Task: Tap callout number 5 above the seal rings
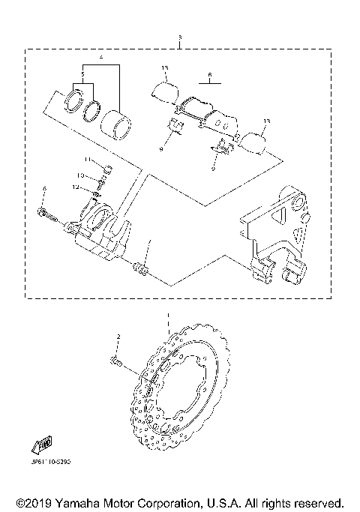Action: (83, 75)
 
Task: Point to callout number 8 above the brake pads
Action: (211, 75)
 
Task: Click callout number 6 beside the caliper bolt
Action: (44, 188)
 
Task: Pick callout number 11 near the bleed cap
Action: (87, 160)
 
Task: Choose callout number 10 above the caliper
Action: (81, 175)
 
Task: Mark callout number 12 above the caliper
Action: (76, 187)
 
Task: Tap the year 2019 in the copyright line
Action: (33, 502)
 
